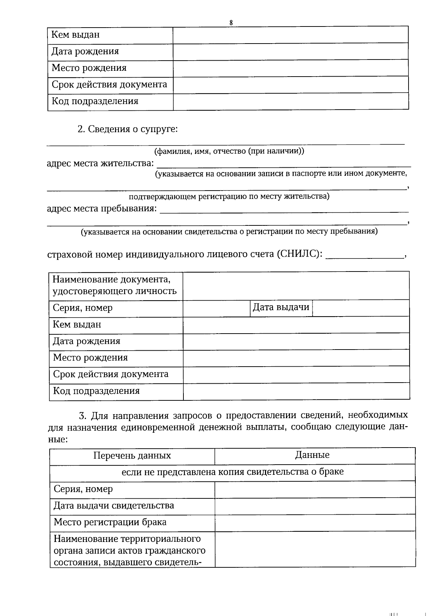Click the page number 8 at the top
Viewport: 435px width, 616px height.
231,23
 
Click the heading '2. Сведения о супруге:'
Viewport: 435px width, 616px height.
128,129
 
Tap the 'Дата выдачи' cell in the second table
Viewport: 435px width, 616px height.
281,307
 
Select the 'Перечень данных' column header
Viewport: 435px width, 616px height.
132,456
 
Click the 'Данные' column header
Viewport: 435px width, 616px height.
312,455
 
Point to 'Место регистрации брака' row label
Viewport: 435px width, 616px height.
110,522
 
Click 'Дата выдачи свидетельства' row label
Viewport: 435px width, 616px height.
114,505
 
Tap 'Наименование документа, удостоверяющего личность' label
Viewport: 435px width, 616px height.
115,285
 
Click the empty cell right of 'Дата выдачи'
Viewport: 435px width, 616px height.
360,308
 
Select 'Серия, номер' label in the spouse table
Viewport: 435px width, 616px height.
83,308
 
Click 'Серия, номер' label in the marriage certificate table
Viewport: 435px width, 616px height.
83,489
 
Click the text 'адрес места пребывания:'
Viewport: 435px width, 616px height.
102,209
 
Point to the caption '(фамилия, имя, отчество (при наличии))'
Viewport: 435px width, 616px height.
229,151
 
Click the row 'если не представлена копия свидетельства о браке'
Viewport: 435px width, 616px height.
232,472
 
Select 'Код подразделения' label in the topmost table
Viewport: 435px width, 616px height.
95,101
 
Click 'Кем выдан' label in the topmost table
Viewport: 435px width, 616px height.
75,35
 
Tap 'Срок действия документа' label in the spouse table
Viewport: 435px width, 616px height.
111,374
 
